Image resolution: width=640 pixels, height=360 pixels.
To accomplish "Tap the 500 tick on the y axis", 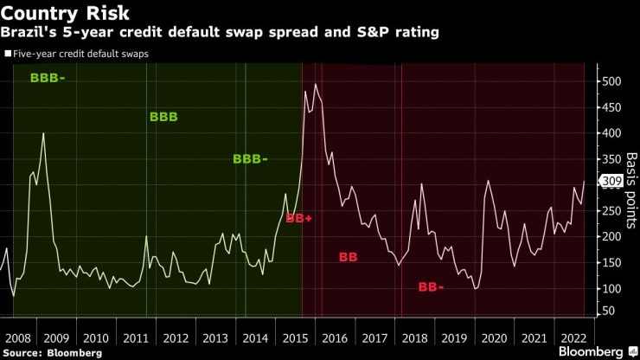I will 612,81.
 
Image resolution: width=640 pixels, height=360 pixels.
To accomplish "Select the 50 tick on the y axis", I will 609,310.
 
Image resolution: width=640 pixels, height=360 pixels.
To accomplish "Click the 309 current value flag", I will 611,182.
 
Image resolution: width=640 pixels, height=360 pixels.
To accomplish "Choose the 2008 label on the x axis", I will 18,337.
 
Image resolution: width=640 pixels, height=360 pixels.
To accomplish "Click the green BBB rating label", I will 163,116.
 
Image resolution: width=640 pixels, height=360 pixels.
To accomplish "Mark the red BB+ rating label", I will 298,219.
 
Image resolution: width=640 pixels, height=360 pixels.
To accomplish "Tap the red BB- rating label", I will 431,286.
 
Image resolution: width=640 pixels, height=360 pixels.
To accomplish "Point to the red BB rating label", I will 349,257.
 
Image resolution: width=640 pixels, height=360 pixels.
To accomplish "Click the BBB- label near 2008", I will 47,78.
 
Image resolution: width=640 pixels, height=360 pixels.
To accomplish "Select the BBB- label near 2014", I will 250,158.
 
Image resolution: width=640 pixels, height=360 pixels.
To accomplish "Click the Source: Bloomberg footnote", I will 52,353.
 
